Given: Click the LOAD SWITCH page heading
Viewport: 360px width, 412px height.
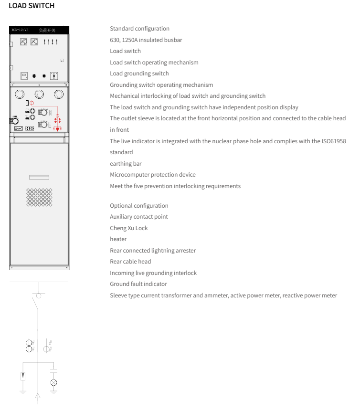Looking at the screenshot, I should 32,6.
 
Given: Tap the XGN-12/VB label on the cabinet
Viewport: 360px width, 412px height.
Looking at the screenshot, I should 20,30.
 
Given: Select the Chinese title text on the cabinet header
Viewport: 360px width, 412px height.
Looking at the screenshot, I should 47,30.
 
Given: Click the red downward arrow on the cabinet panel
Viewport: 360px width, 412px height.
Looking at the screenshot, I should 58,129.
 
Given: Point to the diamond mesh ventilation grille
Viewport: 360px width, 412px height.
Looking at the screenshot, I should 39,197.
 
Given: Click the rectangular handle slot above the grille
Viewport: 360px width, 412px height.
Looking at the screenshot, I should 39,177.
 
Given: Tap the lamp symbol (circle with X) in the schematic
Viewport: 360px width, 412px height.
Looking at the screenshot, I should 54,382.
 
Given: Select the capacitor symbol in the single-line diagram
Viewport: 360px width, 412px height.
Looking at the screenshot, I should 54,370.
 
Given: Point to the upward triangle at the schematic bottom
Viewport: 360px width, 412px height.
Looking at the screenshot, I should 38,396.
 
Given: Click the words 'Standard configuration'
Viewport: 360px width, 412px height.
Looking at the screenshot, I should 139,29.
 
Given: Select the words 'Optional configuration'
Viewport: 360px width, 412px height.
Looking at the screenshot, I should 139,206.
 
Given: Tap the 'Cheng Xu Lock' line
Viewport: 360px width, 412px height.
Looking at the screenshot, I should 128,228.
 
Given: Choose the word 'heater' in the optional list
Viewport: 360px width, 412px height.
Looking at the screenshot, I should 118,239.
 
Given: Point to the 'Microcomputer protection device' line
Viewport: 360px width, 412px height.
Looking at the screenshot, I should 152,175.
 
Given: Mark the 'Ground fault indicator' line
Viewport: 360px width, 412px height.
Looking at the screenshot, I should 138,284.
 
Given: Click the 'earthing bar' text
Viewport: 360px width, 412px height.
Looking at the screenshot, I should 126,164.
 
